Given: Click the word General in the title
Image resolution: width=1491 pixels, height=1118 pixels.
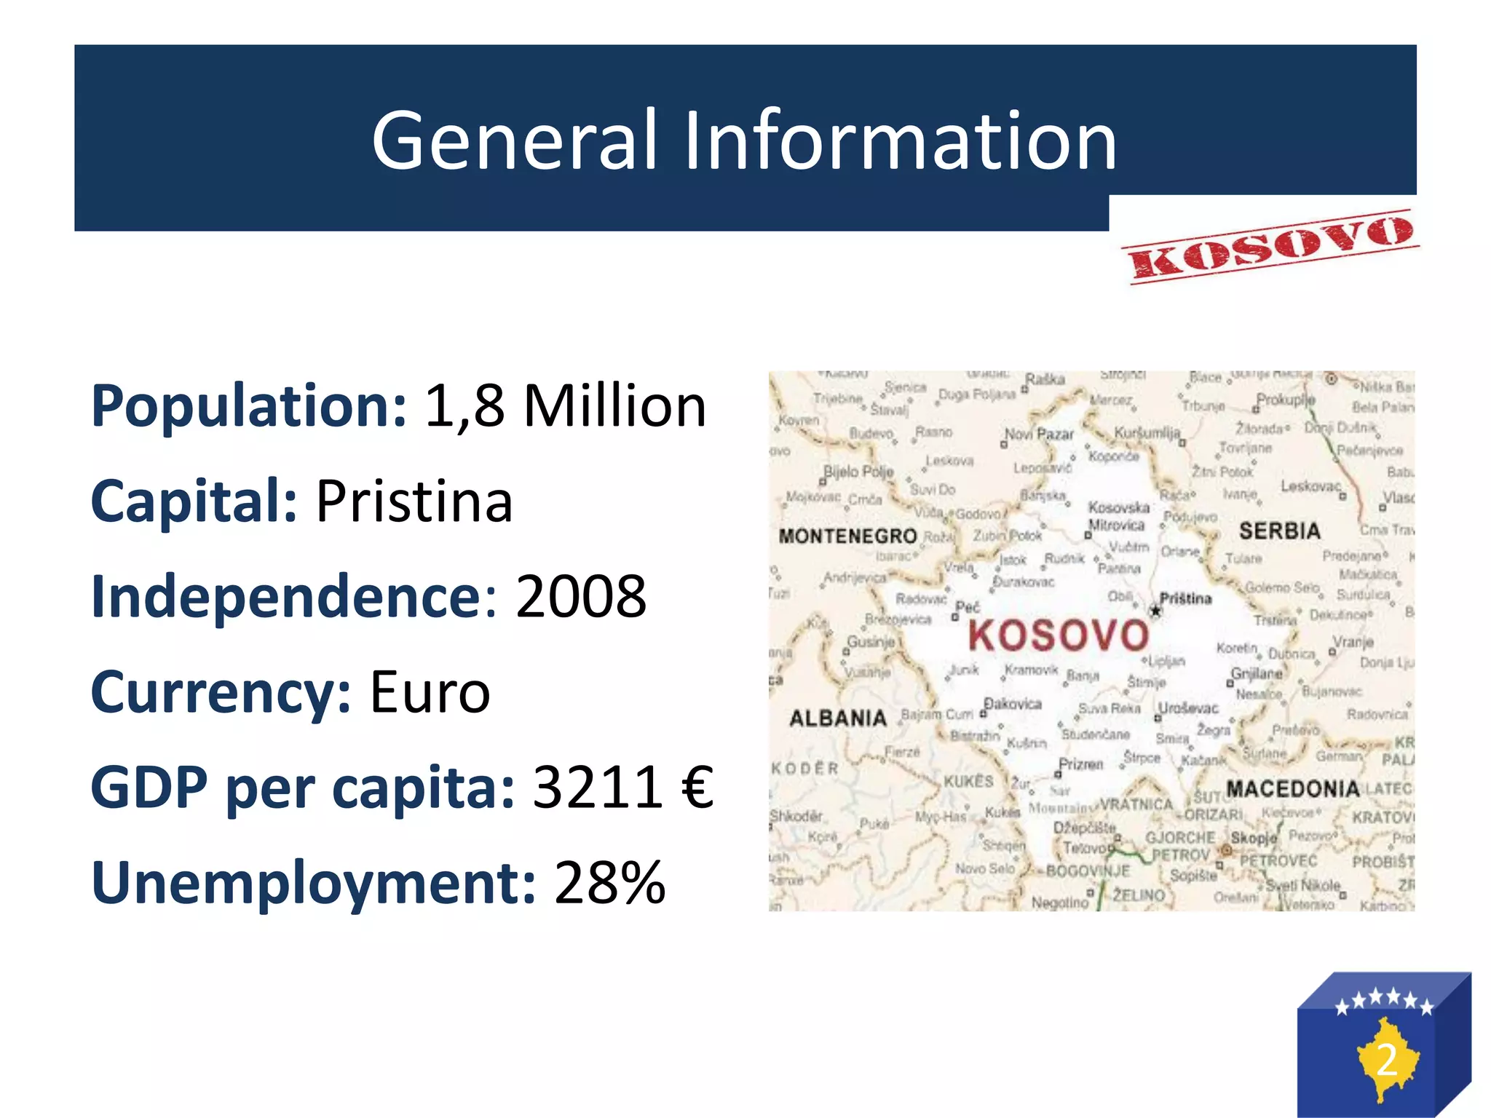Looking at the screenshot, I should (515, 140).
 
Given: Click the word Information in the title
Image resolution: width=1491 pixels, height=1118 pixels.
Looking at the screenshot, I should (900, 140).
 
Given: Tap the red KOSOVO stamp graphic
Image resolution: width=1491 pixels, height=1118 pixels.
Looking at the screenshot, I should (1270, 246).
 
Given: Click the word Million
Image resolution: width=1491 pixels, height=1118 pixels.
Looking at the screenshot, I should (615, 406).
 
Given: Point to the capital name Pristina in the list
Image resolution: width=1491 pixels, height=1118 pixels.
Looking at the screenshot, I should (414, 501).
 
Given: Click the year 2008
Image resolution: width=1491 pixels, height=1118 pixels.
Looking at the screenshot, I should (581, 597).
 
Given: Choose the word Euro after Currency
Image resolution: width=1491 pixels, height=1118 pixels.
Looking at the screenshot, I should (430, 692).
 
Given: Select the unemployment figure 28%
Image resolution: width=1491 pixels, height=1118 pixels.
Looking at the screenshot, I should (610, 883).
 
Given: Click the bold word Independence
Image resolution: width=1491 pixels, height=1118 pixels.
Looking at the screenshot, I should (285, 597).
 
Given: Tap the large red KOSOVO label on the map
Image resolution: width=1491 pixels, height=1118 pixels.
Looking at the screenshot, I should (1059, 635).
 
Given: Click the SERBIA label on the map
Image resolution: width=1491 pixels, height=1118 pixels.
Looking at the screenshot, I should (1280, 531).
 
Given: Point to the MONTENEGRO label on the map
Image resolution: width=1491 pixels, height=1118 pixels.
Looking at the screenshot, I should (847, 536).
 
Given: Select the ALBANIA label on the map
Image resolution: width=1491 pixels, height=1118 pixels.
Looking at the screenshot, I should (838, 718).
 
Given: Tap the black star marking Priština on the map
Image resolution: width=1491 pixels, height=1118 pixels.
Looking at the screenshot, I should (1155, 611).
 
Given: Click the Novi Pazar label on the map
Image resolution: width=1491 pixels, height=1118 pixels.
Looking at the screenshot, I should (1039, 435).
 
